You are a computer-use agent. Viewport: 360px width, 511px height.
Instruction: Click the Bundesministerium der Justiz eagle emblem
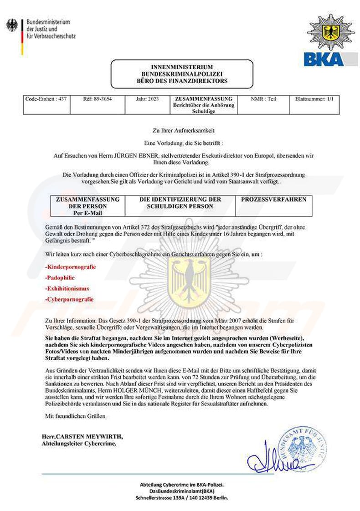pyautogui.click(x=11, y=25)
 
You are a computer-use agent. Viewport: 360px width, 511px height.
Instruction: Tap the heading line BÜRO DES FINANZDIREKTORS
pyautogui.click(x=182, y=81)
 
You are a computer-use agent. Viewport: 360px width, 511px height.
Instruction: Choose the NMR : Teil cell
pyautogui.click(x=263, y=99)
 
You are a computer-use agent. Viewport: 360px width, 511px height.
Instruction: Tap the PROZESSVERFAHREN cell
pyautogui.click(x=273, y=199)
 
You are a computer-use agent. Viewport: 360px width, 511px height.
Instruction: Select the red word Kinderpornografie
pyautogui.click(x=70, y=266)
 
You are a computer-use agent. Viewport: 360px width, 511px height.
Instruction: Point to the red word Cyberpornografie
pyautogui.click(x=69, y=299)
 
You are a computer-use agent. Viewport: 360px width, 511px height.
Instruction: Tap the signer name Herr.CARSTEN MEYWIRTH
pyautogui.click(x=82, y=436)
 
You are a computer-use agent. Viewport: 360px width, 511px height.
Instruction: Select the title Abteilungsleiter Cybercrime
pyautogui.click(x=79, y=443)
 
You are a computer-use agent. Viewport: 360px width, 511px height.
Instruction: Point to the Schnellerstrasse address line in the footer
pyautogui.click(x=182, y=498)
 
